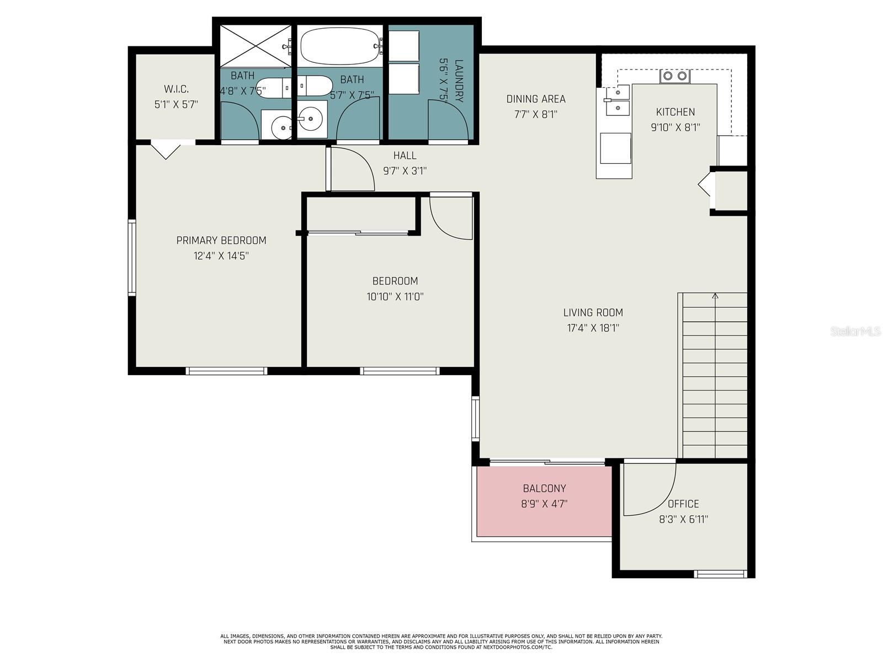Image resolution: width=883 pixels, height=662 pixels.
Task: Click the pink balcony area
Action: pos(544,501)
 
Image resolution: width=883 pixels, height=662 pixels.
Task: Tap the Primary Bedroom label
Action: pos(221,241)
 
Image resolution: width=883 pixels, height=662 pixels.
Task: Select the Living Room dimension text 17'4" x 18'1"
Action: pos(593,328)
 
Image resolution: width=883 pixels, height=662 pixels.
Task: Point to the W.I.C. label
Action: pos(176,89)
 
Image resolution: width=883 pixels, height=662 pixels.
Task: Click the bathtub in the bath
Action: pos(341,46)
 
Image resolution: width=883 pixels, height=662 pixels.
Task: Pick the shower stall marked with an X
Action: pos(256,45)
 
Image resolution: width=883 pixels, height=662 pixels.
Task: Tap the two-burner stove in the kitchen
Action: pos(674,76)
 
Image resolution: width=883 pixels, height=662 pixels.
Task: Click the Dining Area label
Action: pos(536,99)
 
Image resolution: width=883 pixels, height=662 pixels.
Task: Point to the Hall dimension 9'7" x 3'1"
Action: pos(405,171)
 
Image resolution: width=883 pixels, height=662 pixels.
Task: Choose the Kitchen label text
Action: pos(675,112)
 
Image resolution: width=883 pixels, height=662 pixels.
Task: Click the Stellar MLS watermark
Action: pos(855,332)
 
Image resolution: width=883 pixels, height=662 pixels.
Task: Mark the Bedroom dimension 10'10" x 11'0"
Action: pos(395,297)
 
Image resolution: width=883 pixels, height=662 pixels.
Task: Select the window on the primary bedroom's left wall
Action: pos(132,257)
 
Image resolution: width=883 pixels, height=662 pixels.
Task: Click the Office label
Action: pos(683,504)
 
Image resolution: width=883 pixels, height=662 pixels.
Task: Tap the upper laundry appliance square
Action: pos(404,45)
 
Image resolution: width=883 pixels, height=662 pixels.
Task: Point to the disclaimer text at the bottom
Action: pos(441,642)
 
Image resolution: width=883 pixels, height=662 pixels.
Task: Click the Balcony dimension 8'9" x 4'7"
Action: pos(544,504)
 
